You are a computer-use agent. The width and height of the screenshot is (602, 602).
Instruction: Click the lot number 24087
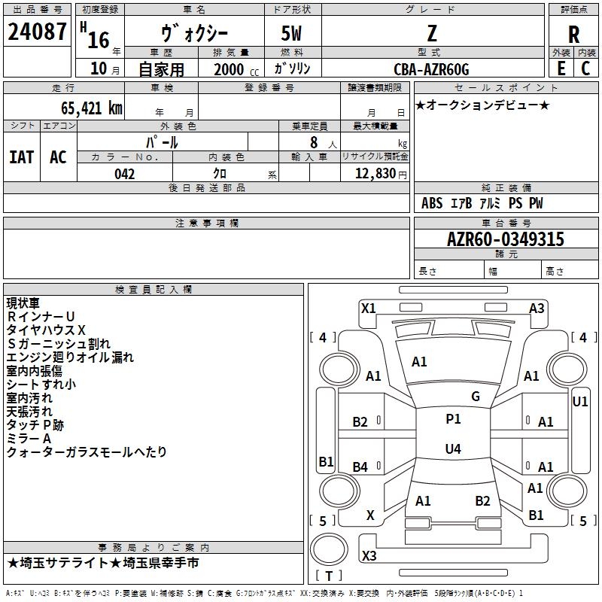click(37, 32)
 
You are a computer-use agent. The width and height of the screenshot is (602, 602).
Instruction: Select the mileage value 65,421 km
click(92, 108)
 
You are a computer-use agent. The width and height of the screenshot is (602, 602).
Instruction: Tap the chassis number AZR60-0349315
click(506, 239)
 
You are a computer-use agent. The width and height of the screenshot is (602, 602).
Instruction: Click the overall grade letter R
click(573, 34)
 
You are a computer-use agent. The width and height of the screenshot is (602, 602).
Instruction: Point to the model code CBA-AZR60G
click(431, 69)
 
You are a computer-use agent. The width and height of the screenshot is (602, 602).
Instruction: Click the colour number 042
click(124, 174)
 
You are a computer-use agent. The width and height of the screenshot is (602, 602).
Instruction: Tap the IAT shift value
click(22, 157)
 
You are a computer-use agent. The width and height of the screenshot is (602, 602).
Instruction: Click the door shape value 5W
click(291, 33)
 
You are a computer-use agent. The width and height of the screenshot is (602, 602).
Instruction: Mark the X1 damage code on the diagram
click(368, 309)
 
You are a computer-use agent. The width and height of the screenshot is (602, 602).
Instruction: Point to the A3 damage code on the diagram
click(537, 309)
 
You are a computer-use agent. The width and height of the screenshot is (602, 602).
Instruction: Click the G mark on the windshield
click(476, 397)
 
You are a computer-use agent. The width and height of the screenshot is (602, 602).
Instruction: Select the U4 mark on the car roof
click(453, 448)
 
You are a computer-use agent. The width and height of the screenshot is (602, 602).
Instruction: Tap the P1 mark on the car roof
click(453, 419)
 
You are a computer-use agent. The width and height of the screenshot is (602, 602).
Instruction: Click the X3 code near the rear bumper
click(369, 555)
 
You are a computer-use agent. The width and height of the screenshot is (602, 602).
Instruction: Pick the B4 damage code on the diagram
click(360, 467)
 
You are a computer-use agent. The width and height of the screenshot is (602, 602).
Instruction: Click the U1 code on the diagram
click(579, 402)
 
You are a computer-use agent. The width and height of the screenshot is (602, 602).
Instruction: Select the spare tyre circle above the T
click(329, 549)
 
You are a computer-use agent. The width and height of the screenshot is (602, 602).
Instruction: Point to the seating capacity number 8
click(314, 142)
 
